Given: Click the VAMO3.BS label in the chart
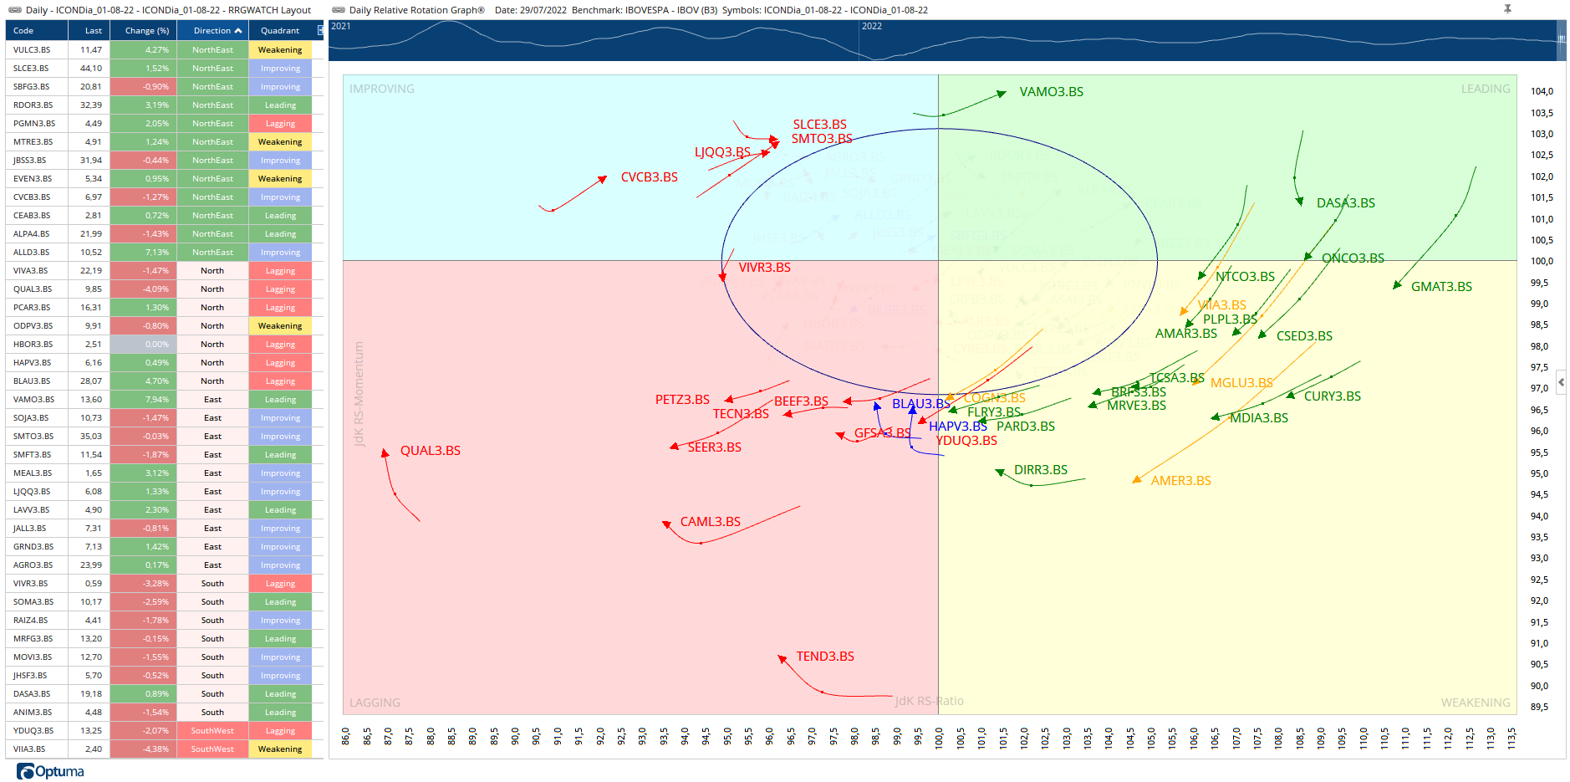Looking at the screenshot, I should click(x=1051, y=92).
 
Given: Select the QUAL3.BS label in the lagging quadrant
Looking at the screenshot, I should click(x=430, y=451).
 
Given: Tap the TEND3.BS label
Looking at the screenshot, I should click(x=824, y=657).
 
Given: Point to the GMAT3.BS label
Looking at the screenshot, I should click(x=1441, y=287).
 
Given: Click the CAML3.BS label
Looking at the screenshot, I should click(x=710, y=522).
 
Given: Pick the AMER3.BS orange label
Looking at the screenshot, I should click(x=1180, y=481).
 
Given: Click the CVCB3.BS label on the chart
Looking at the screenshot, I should click(x=649, y=177).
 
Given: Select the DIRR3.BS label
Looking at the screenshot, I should click(x=1040, y=470).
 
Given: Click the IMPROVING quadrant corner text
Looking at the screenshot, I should click(x=381, y=89).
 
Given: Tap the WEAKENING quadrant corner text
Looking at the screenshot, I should click(x=1475, y=703).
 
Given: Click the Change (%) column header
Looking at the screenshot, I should click(x=146, y=31).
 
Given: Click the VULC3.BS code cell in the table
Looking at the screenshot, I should click(x=32, y=50).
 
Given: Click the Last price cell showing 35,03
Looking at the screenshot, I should click(x=91, y=437).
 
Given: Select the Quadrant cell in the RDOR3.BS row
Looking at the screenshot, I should click(x=280, y=105).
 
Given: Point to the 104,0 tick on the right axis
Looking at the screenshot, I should click(x=1541, y=92).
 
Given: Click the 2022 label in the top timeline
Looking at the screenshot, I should click(x=872, y=26).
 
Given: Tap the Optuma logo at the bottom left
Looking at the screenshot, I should click(x=51, y=771).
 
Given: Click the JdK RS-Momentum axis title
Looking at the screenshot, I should click(x=359, y=394).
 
